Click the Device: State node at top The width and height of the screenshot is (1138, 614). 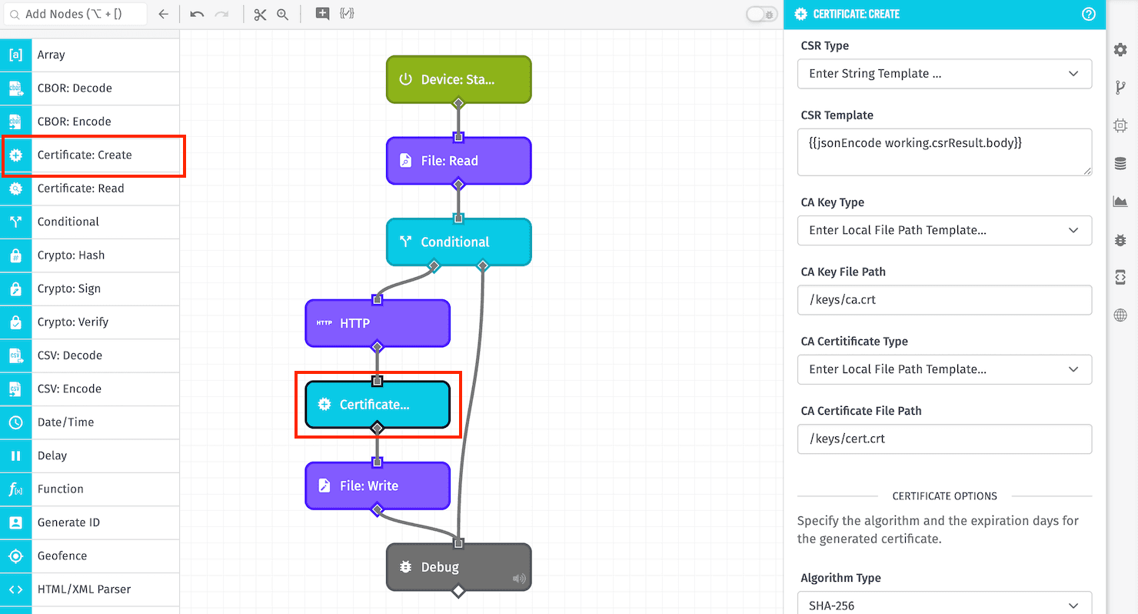[458, 79]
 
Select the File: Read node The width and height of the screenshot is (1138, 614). [458, 161]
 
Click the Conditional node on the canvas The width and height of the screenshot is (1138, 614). [458, 242]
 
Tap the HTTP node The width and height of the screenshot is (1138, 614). [377, 323]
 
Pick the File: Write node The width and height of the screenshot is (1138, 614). [377, 486]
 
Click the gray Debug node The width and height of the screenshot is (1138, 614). [458, 567]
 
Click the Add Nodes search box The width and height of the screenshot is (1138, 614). [75, 14]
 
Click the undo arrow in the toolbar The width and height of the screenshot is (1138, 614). [197, 14]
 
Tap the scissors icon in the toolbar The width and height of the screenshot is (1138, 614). [260, 14]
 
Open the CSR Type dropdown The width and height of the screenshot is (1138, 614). [944, 74]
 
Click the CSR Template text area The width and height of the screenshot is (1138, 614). [944, 152]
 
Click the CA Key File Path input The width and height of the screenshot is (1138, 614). [944, 300]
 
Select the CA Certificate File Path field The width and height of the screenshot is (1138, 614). [944, 439]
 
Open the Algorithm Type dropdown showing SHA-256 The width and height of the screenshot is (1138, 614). [944, 605]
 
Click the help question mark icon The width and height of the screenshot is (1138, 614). [1088, 14]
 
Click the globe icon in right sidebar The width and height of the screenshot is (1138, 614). [1120, 315]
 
